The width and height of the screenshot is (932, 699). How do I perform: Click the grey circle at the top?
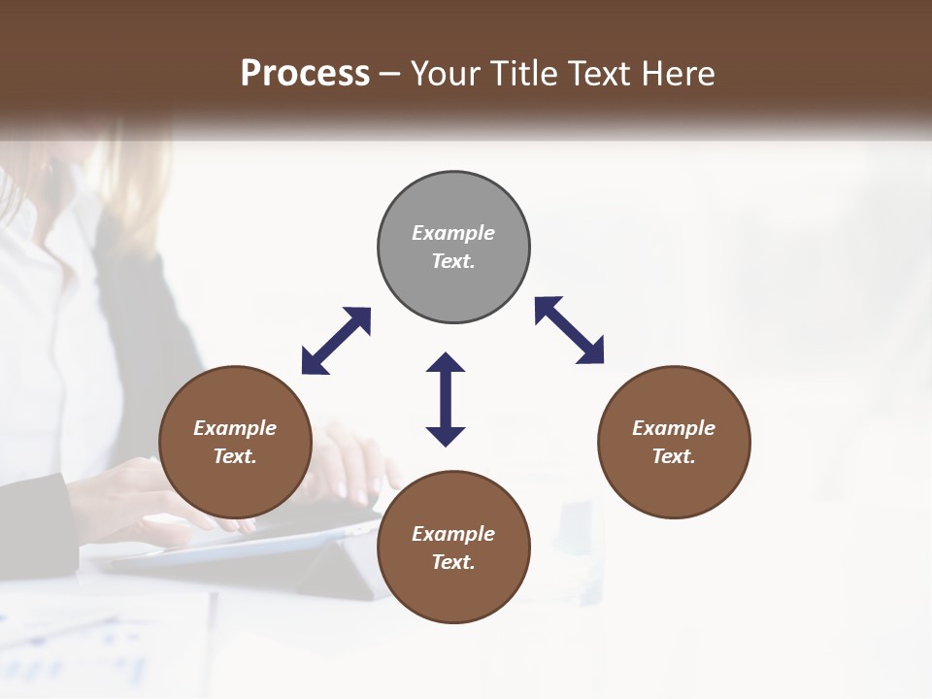click(x=453, y=248)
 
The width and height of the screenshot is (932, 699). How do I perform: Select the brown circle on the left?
click(x=235, y=442)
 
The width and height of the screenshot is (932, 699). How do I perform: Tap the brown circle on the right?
click(x=674, y=442)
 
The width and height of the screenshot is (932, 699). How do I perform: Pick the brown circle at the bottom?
click(x=453, y=548)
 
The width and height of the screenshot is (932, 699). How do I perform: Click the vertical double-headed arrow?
click(x=446, y=399)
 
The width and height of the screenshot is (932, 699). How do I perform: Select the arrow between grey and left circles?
click(x=336, y=341)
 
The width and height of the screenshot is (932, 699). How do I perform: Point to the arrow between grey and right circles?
click(x=570, y=330)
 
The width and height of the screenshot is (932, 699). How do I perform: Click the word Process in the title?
click(x=305, y=73)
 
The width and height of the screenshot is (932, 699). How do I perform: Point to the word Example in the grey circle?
click(x=453, y=233)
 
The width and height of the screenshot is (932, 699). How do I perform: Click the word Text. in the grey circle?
click(x=453, y=261)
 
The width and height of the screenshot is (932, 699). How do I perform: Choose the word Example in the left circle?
click(x=235, y=428)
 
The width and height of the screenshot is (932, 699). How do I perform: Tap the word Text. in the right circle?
click(x=674, y=456)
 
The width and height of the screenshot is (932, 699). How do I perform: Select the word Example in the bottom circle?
click(x=453, y=534)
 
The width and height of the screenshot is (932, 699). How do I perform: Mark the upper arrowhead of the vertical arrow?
click(x=446, y=363)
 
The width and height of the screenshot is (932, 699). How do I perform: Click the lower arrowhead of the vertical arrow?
click(x=446, y=436)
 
